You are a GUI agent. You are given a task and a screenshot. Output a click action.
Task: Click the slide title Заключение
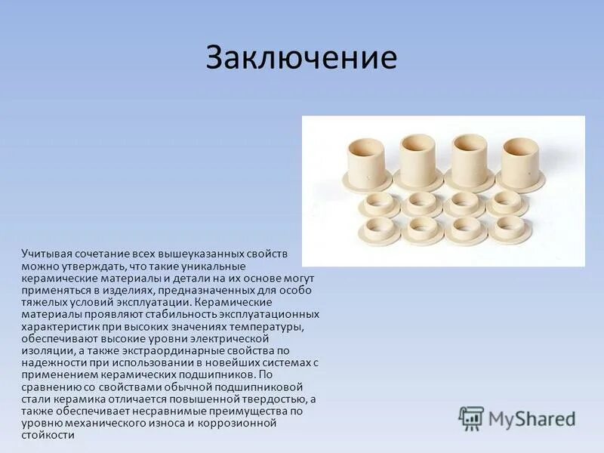pos(301,58)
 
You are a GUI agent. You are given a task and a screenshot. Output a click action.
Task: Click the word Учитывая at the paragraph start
pos(47,255)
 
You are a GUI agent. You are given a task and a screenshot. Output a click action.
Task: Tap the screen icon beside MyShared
pos(471,418)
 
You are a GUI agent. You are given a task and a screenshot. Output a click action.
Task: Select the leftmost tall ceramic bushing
pos(367,160)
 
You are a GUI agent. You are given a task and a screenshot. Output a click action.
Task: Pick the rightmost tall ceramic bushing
pos(520,160)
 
